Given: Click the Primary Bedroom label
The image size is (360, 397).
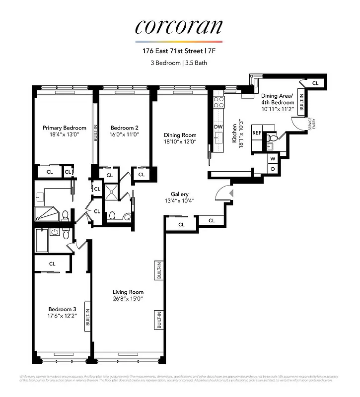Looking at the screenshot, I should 65,128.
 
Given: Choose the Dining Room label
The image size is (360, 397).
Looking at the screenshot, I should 180,135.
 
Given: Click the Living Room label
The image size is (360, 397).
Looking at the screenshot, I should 128,292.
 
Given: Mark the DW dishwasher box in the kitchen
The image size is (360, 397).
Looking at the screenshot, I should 218,127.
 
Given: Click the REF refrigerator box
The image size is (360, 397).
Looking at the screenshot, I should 257,133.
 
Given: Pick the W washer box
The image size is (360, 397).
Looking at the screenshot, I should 273,159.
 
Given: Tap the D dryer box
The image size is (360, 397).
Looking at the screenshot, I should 273,169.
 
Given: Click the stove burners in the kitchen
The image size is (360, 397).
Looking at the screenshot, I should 218,102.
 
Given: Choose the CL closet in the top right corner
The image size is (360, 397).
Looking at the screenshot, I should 315,83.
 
